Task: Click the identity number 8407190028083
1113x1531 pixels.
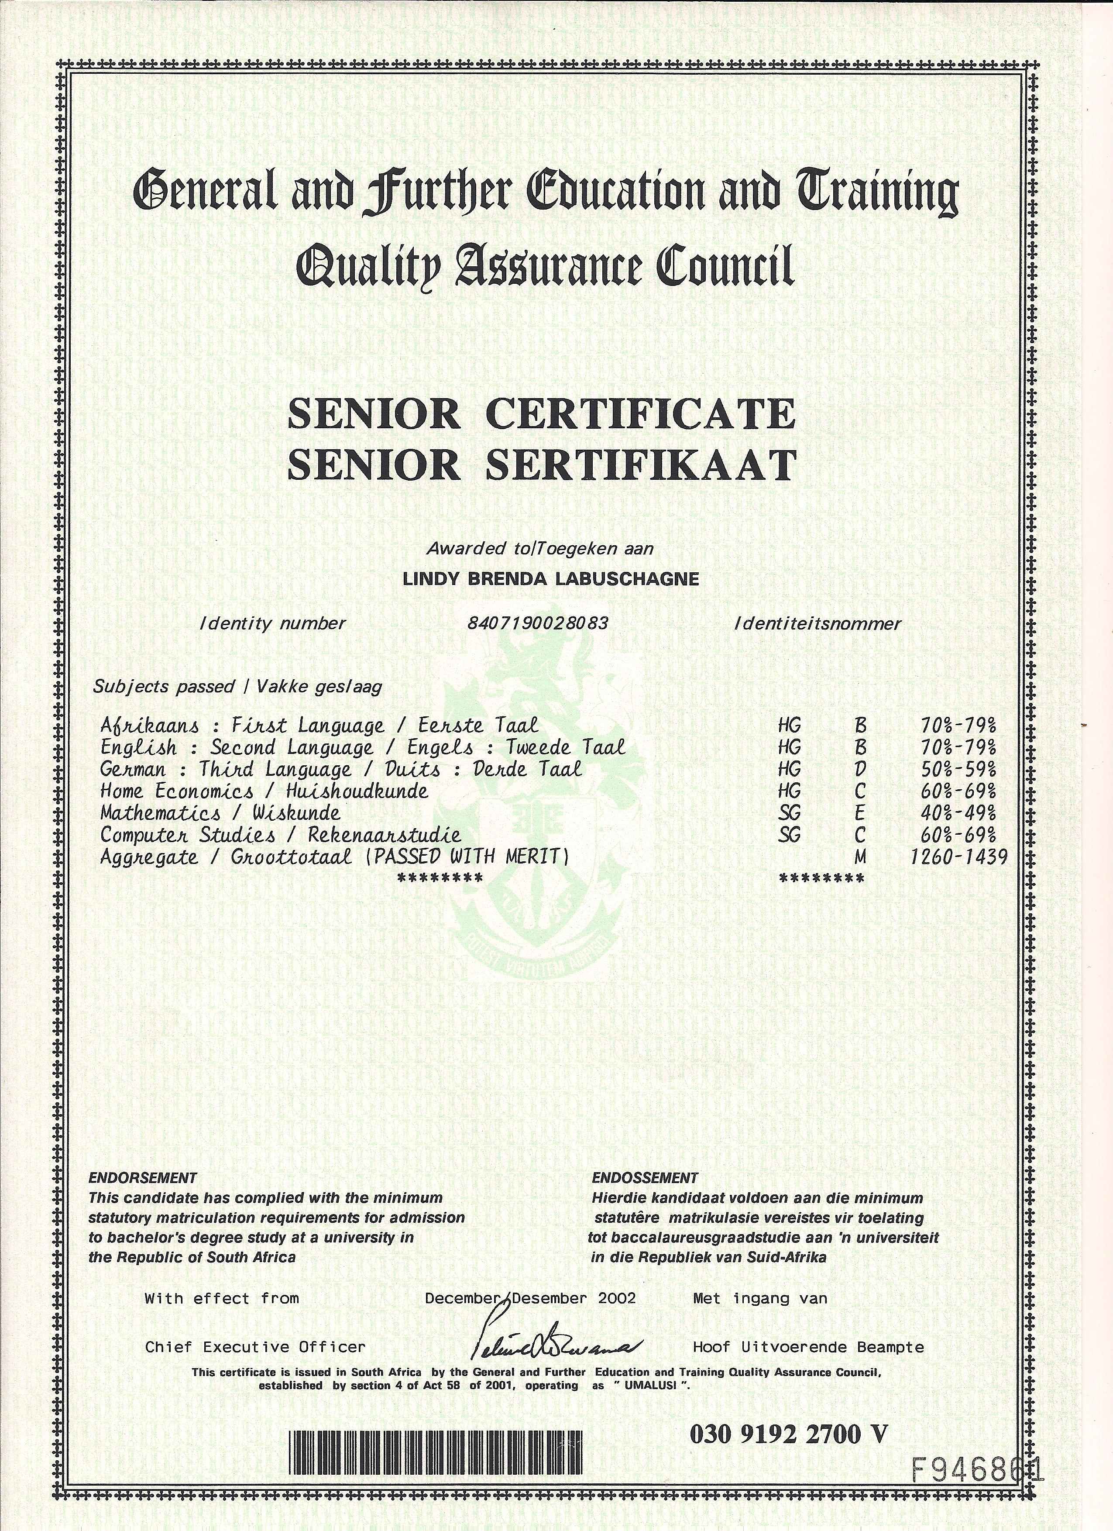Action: pos(537,623)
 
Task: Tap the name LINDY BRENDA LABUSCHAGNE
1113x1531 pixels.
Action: pos(550,579)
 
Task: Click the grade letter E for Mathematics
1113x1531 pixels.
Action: pos(859,813)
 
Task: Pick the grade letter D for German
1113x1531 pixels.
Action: pos(859,770)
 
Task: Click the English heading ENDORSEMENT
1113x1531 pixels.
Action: pos(142,1178)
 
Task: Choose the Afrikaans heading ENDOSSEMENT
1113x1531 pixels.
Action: pos(645,1178)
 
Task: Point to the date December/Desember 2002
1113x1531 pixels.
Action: pos(530,1298)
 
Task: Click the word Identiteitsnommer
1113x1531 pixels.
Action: pos(818,623)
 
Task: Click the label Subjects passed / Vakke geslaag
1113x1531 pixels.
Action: pos(237,687)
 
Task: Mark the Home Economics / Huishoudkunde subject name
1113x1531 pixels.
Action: pos(264,791)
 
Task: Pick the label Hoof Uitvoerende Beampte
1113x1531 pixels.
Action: pos(808,1347)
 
